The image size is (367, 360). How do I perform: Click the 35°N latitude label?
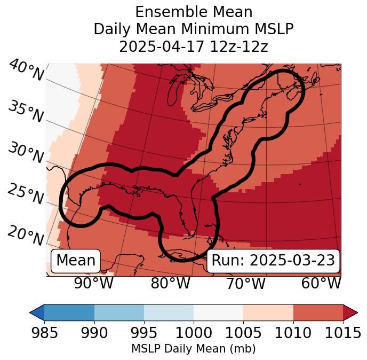26,112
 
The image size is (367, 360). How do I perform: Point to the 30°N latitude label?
26,154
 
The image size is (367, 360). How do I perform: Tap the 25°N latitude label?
26,195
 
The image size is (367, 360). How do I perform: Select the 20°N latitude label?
26,236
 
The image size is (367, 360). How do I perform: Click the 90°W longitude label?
94,283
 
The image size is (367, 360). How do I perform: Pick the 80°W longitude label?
170,283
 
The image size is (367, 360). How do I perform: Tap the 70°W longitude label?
245,283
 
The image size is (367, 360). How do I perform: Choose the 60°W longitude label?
321,283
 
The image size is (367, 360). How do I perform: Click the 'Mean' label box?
76,261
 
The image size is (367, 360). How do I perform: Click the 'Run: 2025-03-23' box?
273,261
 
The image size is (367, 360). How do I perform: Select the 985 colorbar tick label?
44,333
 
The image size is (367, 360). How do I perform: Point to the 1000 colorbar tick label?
194,333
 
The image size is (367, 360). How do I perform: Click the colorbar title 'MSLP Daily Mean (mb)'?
193,349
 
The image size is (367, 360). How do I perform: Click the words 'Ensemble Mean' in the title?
193,12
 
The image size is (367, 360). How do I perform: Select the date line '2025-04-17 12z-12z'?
193,46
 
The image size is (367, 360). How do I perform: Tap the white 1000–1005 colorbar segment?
218,312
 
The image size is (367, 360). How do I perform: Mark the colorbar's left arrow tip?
31,312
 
